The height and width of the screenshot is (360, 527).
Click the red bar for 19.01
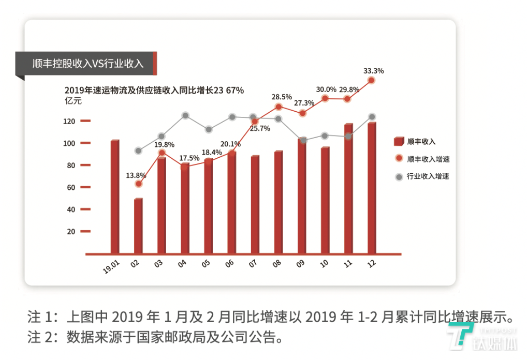(x=114, y=197)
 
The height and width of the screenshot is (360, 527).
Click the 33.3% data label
(x=373, y=70)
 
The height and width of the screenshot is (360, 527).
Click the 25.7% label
(x=259, y=129)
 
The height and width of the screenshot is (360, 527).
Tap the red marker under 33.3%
(x=371, y=81)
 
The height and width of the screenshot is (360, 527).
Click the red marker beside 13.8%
(x=138, y=184)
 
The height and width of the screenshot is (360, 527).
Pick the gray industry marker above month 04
(x=185, y=116)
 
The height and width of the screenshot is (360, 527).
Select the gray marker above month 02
(x=138, y=151)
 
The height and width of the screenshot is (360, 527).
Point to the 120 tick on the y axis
(x=69, y=122)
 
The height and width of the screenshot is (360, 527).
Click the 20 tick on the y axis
(x=71, y=232)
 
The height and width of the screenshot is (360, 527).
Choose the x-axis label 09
(x=301, y=263)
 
